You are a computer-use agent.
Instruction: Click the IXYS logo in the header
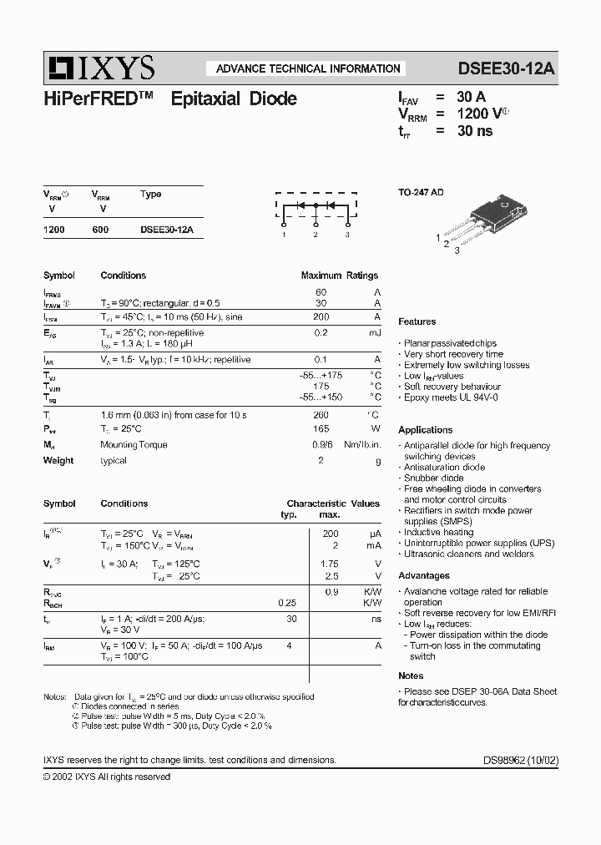(99, 68)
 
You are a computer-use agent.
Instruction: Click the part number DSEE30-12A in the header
(506, 68)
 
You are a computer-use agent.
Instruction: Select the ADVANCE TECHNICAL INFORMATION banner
(308, 68)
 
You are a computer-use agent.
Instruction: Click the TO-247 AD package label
(421, 192)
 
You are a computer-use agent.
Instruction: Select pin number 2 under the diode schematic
(316, 235)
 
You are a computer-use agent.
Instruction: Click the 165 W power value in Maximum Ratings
(321, 429)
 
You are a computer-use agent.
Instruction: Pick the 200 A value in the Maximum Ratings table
(321, 317)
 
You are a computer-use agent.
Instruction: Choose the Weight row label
(58, 460)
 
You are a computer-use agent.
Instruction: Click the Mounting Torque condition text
(134, 445)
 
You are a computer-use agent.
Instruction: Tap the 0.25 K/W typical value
(287, 602)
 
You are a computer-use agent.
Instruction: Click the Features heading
(417, 321)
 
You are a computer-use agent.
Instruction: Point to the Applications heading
(426, 430)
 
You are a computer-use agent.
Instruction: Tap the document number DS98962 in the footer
(518, 761)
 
